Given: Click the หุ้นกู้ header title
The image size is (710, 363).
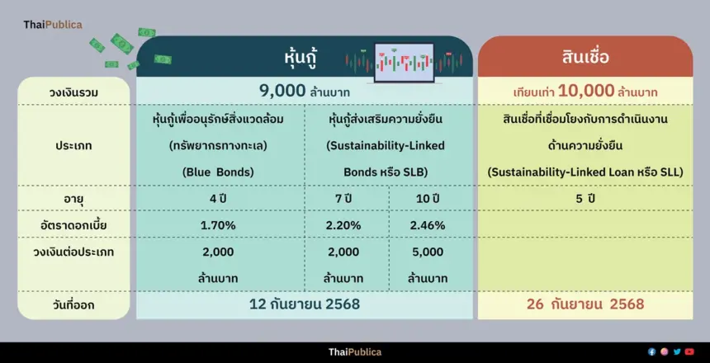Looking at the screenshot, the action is pos(301,58).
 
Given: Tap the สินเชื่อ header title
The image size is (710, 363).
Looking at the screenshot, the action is pos(585,58).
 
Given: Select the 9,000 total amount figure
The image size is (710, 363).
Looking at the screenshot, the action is pos(282,91).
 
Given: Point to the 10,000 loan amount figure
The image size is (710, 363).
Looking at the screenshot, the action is pos(586,91).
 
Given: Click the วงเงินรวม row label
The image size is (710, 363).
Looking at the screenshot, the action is pos(73,92).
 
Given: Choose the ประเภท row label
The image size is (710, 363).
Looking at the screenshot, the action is pos(73,146).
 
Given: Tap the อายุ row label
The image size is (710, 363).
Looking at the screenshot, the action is pos(73,199).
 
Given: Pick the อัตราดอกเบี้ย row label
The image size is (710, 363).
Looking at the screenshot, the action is pos(73,225).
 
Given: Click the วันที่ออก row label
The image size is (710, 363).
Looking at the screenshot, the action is pos(73,305).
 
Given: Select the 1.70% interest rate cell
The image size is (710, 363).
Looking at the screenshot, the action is pos(219,225).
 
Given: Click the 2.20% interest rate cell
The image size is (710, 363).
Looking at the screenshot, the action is pos(344,225).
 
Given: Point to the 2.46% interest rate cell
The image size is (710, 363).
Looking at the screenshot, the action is pos(428,225).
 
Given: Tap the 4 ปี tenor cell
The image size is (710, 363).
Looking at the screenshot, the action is pos(219,199).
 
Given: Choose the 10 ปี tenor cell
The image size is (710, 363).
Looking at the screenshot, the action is pos(428,199).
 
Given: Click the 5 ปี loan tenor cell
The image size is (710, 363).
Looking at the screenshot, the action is pos(585,199).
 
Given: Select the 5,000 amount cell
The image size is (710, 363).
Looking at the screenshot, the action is pos(428,252).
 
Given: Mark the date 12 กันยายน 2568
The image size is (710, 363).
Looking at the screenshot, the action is pos(305,304).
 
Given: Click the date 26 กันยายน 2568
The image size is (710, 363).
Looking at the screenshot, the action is pos(585,304).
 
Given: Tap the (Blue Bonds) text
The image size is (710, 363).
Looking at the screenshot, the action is pos(219,172).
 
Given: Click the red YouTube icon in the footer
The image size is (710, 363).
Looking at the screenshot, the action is pos(689,351).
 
